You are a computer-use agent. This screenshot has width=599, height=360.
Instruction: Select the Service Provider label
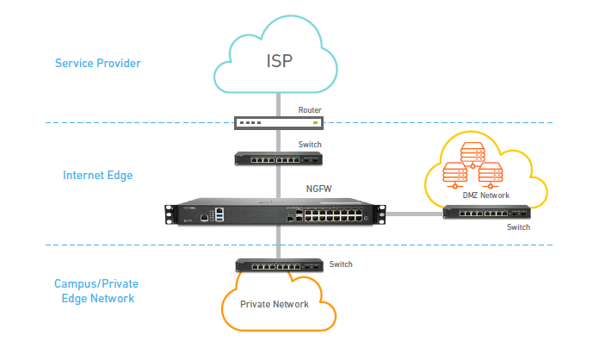97,63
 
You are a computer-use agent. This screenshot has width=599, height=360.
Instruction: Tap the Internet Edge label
97,175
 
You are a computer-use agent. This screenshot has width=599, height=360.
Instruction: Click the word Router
310,109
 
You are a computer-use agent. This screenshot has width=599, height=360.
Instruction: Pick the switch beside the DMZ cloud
485,213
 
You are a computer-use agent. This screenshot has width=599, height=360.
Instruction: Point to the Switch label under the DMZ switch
518,227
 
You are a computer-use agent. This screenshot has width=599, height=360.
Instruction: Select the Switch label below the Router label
310,145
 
